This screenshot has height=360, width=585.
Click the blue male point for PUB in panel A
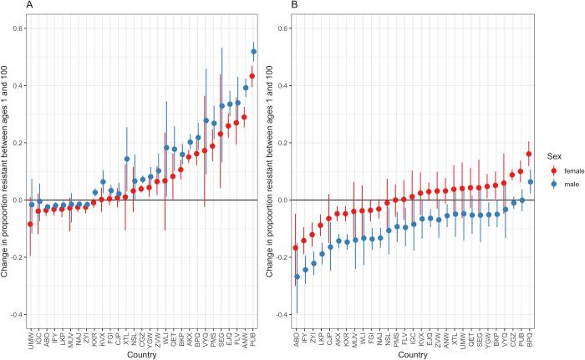[x=254, y=52]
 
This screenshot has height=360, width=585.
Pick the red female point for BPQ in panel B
[x=527, y=155]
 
